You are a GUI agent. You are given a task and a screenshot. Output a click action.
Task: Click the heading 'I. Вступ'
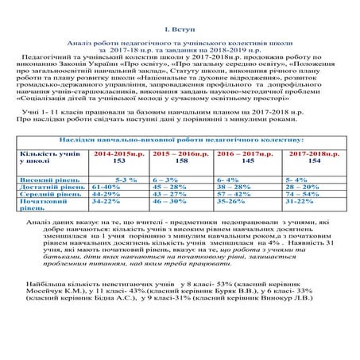(x=179, y=28)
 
